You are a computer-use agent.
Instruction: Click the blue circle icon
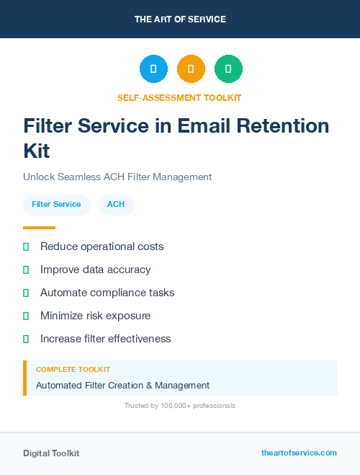(x=153, y=68)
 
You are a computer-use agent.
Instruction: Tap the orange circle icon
(x=191, y=68)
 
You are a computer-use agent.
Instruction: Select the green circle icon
(x=229, y=68)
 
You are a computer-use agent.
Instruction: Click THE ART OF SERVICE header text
(x=180, y=19)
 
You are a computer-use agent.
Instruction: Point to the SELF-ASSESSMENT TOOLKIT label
(x=179, y=97)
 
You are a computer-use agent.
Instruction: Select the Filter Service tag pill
(x=56, y=205)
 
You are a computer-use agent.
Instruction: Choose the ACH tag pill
(x=116, y=205)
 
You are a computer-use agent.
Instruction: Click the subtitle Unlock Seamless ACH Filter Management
(x=117, y=177)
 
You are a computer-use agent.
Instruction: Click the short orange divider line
(x=39, y=228)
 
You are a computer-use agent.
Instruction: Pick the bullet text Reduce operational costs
(x=102, y=247)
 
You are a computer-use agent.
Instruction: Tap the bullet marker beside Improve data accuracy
(x=26, y=270)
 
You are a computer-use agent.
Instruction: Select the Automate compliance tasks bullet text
(x=107, y=293)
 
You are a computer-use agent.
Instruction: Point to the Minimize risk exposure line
(x=95, y=316)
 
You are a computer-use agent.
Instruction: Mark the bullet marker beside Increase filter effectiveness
(x=26, y=339)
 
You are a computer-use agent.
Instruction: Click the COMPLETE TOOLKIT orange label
(x=73, y=369)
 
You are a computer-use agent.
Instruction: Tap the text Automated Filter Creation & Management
(x=122, y=386)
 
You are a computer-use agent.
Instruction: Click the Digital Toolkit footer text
(x=51, y=453)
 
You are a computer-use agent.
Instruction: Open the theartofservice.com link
(x=299, y=453)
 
